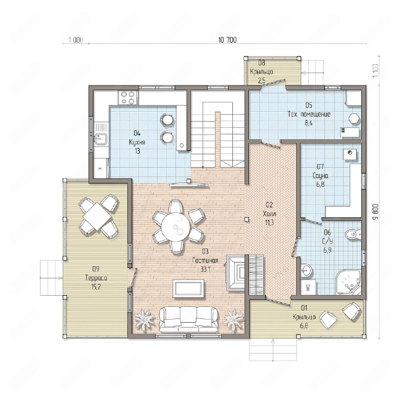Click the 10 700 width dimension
(228, 40)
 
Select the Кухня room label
(137, 142)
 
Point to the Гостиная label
(205, 260)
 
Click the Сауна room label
(321, 176)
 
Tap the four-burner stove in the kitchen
(128, 98)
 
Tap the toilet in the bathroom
(353, 234)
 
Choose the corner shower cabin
(348, 283)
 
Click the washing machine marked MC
(308, 287)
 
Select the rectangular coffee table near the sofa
(188, 288)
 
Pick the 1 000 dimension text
(76, 40)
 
